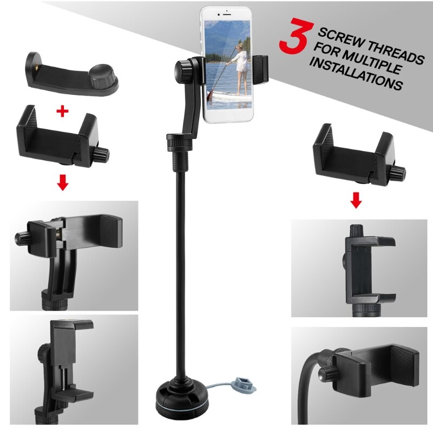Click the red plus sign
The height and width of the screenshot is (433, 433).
pyautogui.click(x=63, y=111)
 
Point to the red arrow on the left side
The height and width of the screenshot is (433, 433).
pyautogui.click(x=63, y=183)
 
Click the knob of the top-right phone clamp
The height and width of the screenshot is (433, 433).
pyautogui.click(x=399, y=173)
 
